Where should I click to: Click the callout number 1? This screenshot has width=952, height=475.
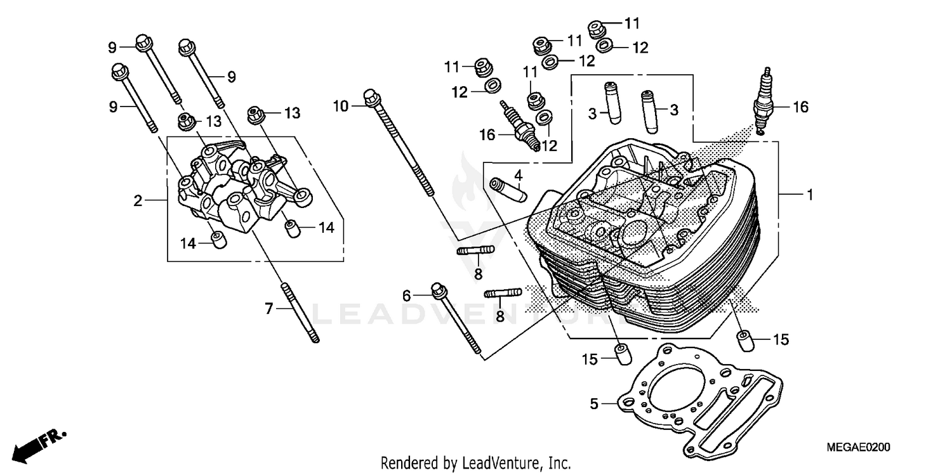(809, 197)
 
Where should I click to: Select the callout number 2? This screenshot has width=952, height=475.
(138, 201)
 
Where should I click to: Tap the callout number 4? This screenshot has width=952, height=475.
(518, 174)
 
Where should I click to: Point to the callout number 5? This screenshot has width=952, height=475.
(594, 403)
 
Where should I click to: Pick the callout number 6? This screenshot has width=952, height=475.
(407, 295)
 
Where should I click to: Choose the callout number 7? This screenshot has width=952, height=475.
(268, 309)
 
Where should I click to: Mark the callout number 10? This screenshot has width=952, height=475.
(341, 106)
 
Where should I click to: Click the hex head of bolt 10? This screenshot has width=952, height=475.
(371, 98)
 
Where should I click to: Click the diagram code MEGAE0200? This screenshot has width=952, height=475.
(858, 448)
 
